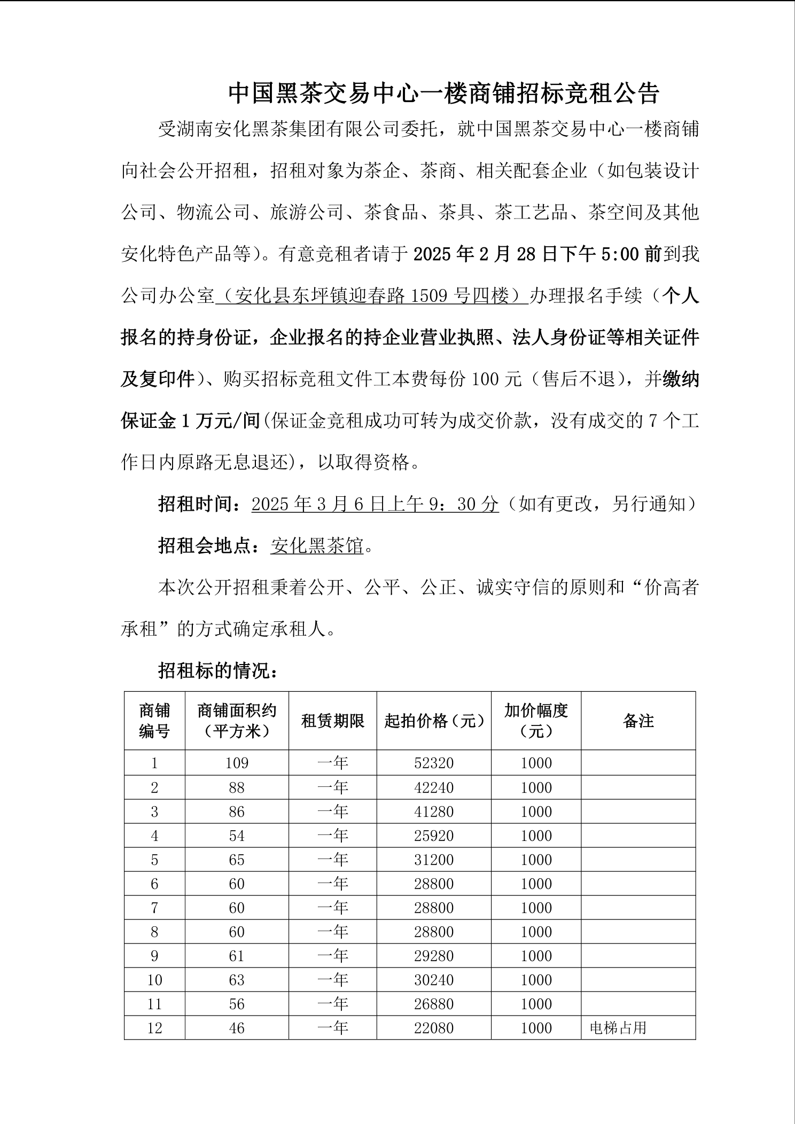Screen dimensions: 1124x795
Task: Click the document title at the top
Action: [444, 93]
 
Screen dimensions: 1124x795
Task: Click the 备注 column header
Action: [638, 721]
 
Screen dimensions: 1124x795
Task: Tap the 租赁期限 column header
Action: [332, 721]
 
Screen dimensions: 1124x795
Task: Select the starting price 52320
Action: [434, 763]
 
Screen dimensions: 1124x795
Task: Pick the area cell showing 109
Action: [237, 763]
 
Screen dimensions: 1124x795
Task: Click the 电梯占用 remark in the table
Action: [618, 1028]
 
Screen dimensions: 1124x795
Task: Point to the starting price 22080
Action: [434, 1028]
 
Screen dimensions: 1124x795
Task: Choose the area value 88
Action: [237, 787]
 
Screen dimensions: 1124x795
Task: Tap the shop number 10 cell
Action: [154, 980]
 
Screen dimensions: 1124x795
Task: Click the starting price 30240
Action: [434, 980]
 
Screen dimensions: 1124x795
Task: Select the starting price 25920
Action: [434, 836]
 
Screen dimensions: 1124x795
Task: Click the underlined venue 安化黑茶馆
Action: [317, 546]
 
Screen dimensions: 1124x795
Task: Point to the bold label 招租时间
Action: [196, 504]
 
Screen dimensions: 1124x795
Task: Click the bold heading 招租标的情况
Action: [216, 670]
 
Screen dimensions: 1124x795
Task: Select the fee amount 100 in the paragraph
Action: [486, 379]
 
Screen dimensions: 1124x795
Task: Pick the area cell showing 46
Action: [237, 1028]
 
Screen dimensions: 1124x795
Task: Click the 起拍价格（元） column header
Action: [434, 721]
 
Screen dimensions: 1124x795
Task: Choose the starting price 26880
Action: [434, 1004]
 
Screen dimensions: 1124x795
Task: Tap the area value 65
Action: [237, 860]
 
